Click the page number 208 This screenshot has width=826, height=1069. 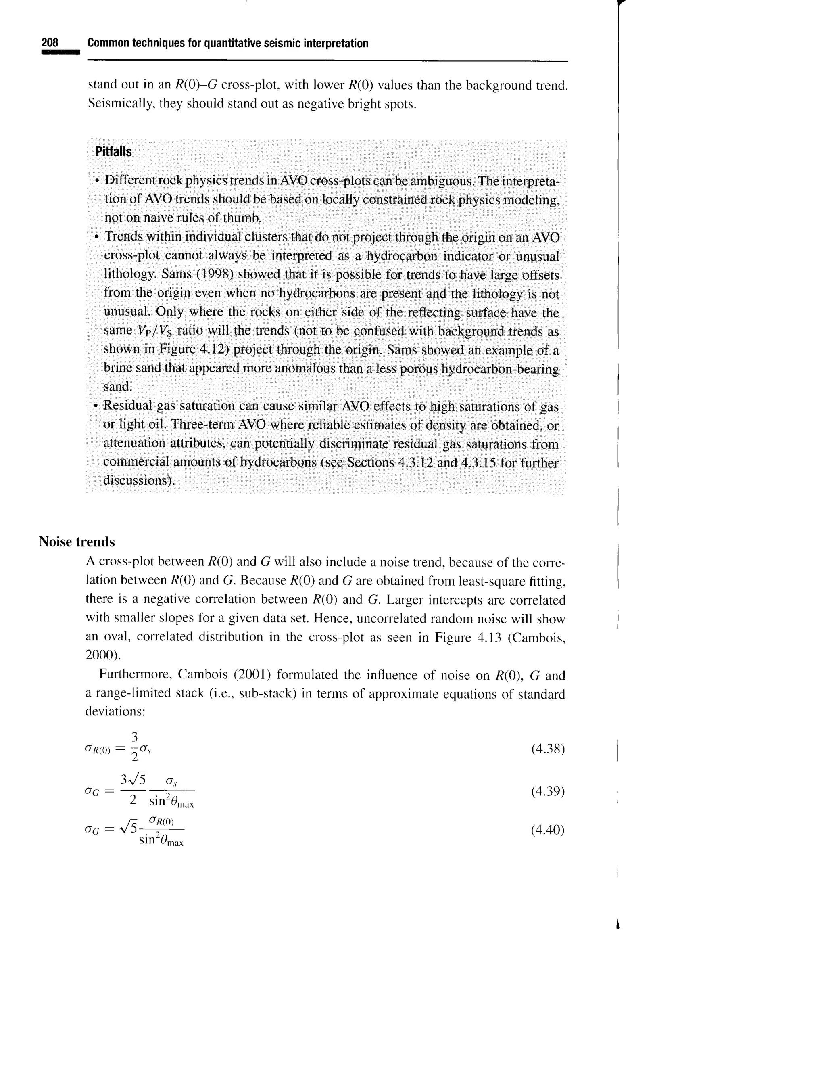(50, 43)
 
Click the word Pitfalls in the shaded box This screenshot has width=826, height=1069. (113, 152)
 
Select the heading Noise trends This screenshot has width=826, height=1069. (77, 542)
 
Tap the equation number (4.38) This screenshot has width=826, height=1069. (548, 749)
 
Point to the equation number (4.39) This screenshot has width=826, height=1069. (548, 791)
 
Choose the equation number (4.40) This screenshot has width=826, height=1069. (548, 830)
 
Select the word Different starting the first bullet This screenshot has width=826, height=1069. (129, 181)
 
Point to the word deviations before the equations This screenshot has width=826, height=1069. (115, 712)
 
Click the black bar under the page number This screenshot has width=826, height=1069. (60, 53)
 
